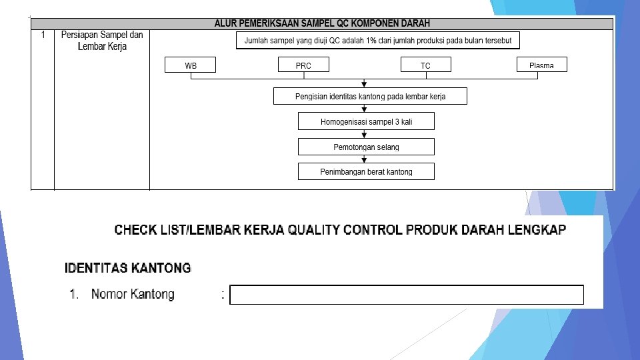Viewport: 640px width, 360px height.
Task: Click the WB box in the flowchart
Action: (x=191, y=65)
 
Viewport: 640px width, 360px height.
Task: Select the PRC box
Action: (x=303, y=65)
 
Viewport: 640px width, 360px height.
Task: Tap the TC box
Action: (x=425, y=65)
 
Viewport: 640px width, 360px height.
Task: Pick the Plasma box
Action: (x=541, y=65)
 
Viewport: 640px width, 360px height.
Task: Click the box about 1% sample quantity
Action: (x=378, y=41)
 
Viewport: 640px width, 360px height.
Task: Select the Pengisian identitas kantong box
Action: (x=370, y=97)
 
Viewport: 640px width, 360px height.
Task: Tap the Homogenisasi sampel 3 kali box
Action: (x=366, y=122)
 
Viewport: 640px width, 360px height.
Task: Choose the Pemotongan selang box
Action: (x=366, y=147)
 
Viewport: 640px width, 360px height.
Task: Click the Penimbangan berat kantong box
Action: (x=366, y=171)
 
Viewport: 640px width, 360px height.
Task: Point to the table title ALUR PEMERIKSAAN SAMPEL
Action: (x=322, y=23)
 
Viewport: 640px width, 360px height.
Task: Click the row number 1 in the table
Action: (x=43, y=35)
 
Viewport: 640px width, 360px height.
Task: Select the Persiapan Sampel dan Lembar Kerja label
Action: (x=102, y=41)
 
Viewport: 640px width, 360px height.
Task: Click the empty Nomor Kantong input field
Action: (x=407, y=295)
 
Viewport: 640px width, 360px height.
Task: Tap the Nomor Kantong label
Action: (x=133, y=294)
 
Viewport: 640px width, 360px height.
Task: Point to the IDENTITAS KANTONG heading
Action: (x=127, y=269)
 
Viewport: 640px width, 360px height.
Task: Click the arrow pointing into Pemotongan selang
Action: (x=364, y=135)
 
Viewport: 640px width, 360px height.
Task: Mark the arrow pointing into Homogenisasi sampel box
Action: (x=364, y=109)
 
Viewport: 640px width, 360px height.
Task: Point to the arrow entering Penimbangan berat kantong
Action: (x=364, y=159)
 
